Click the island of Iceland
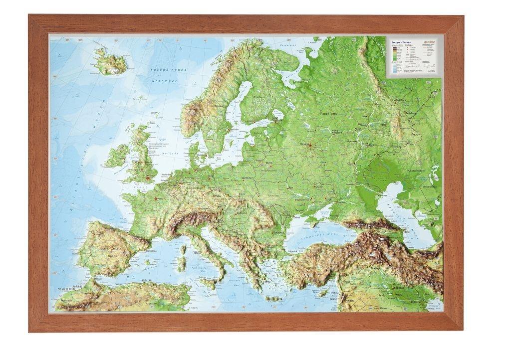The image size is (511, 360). pos(110,62)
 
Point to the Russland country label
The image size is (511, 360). pos(329,114)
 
